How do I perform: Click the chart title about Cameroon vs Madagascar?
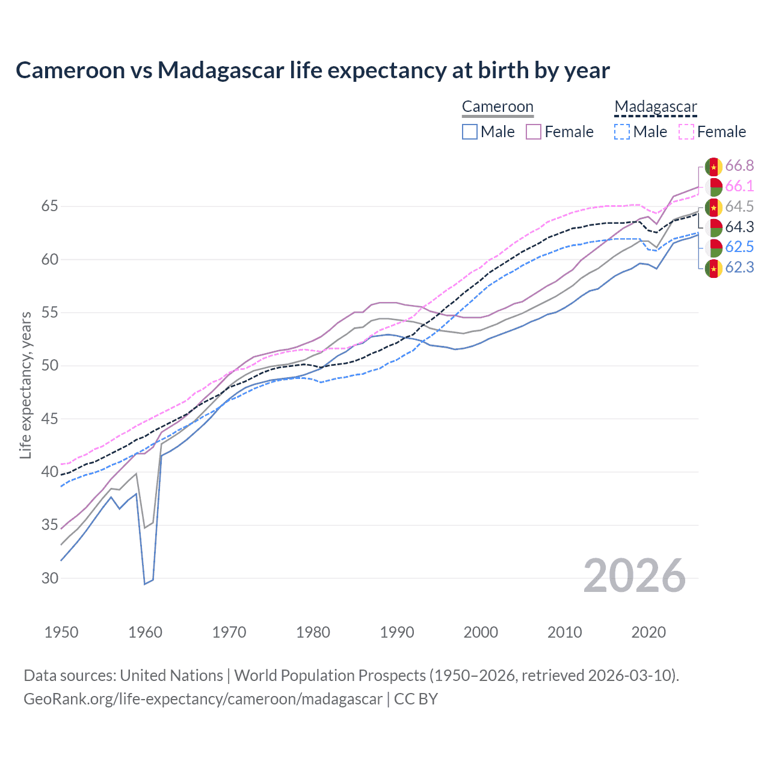312,70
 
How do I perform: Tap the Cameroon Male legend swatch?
470,132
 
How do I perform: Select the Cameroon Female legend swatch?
534,132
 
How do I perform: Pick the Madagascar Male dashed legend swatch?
622,132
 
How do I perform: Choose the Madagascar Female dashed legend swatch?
686,132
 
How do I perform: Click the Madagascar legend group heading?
655,107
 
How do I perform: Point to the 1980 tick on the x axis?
313,632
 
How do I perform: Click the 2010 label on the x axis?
564,632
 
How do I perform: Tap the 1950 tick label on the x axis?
61,632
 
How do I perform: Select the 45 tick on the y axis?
50,419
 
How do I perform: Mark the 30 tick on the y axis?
50,578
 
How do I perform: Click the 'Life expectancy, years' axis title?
25,385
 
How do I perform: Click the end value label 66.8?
739,166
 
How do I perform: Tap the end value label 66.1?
739,186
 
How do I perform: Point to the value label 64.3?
739,227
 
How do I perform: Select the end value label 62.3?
739,268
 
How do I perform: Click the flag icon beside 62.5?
713,247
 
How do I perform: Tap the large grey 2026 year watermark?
634,576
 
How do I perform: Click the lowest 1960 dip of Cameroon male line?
145,584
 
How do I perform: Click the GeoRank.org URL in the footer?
203,699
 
